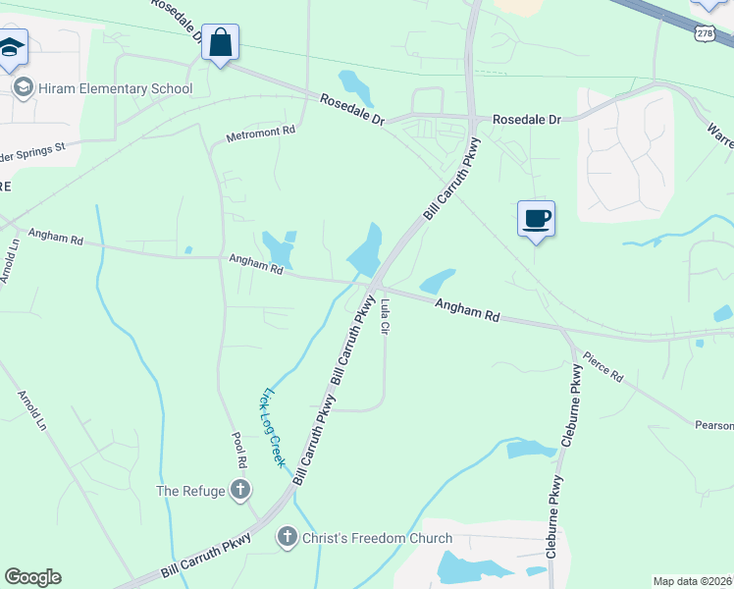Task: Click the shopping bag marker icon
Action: (221, 43)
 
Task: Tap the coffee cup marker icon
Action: (536, 218)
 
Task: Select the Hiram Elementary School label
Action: (116, 89)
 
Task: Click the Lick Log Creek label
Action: (272, 426)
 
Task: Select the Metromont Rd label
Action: (261, 132)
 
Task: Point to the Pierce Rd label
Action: (603, 368)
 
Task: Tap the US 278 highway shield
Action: (705, 33)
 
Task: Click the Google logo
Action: (32, 577)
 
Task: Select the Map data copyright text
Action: (693, 581)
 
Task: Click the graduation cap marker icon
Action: (12, 49)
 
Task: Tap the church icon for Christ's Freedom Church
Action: (287, 537)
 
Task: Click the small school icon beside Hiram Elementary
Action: (22, 88)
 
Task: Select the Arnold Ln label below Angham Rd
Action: (31, 410)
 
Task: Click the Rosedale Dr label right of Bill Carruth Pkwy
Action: (526, 119)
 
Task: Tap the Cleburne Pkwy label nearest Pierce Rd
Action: (573, 398)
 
